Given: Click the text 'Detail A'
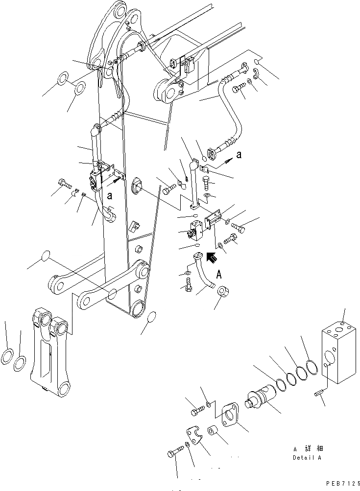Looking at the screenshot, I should click(x=307, y=458).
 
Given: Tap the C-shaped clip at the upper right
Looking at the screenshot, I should click(x=256, y=74).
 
